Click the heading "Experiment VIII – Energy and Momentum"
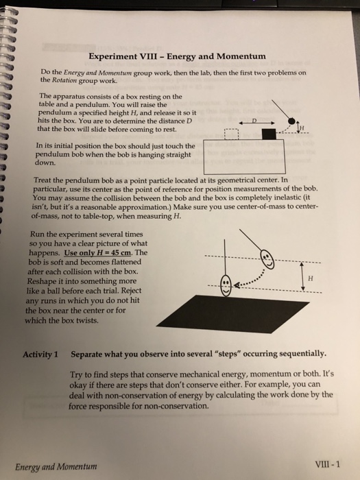pyautogui.click(x=177, y=56)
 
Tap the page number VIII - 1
pyautogui.click(x=327, y=464)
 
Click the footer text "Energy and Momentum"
pyautogui.click(x=56, y=467)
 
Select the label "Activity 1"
pyautogui.click(x=40, y=355)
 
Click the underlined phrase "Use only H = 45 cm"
pyautogui.click(x=98, y=253)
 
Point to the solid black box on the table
pyautogui.click(x=269, y=134)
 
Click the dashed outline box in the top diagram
pyautogui.click(x=232, y=134)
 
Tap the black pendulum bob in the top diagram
pyautogui.click(x=291, y=121)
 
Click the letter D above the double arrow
pyautogui.click(x=254, y=120)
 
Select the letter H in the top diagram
pyautogui.click(x=302, y=128)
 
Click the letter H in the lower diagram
pyautogui.click(x=311, y=278)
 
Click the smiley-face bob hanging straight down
pyautogui.click(x=226, y=285)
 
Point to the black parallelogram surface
pyautogui.click(x=232, y=313)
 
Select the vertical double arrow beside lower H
pyautogui.click(x=302, y=276)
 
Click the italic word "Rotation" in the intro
pyautogui.click(x=64, y=81)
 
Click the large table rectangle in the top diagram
pyautogui.click(x=245, y=157)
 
